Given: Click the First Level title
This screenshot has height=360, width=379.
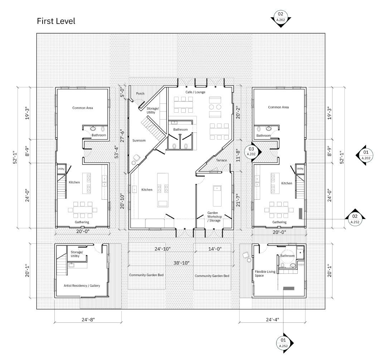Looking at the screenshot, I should pos(56,21).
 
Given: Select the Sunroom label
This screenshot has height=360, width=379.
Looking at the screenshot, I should pos(139,141).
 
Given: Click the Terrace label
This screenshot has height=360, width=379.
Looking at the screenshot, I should pos(222,160).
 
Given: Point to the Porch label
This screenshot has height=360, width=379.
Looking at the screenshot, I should pos(140,94).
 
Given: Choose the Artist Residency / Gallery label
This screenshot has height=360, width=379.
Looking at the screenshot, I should pos(82,286).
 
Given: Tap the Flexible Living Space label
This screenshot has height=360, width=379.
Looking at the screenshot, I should pos(265,274).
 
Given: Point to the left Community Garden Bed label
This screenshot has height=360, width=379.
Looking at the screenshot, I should pos(147,275).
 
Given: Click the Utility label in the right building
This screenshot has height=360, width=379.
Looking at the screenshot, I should pos(300,169).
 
